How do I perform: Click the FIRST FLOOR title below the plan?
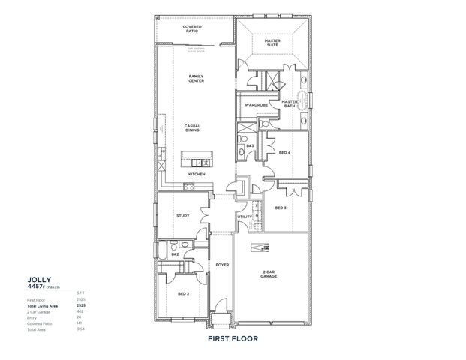(233, 338)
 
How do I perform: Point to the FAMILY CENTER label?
(197, 78)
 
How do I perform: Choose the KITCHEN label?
(197, 174)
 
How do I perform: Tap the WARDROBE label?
(256, 105)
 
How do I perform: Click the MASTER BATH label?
(290, 103)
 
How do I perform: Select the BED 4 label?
(284, 152)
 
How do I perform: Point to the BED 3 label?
(280, 208)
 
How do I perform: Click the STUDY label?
(182, 216)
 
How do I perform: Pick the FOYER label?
(222, 265)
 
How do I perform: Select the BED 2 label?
(173, 294)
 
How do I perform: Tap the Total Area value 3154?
(81, 328)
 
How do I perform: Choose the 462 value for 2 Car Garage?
(81, 310)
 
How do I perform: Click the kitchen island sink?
(201, 162)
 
